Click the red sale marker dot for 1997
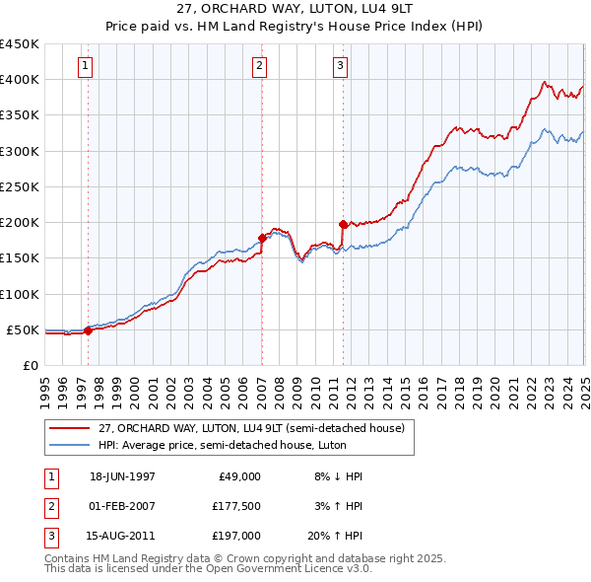(88, 330)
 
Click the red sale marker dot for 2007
(262, 238)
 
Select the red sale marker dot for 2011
(343, 224)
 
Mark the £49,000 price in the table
(238, 475)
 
